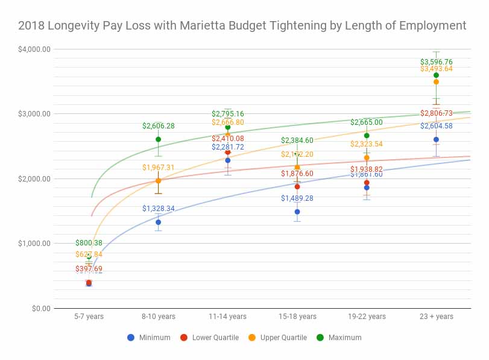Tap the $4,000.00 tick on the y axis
(34, 49)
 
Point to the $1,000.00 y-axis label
(34, 244)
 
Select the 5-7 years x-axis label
(89, 317)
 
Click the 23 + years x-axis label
(436, 317)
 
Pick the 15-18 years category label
(297, 317)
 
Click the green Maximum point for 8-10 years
(159, 139)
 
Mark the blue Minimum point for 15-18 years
(297, 212)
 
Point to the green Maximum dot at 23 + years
(436, 75)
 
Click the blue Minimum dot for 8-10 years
(159, 222)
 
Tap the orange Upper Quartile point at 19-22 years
(367, 157)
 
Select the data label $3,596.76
(436, 62)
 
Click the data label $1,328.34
(159, 209)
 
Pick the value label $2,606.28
(159, 126)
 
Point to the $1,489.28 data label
(297, 198)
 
